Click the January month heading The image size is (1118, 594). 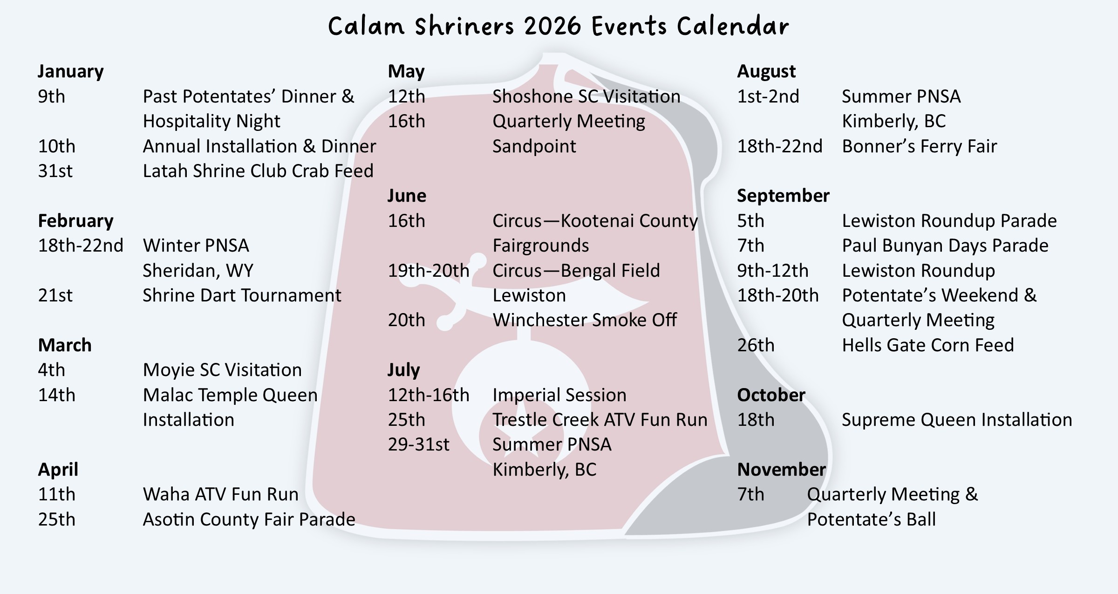click(70, 71)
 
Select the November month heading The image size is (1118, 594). click(781, 469)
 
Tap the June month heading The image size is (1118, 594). click(407, 196)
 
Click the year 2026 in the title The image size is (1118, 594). click(553, 26)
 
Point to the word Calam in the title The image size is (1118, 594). click(366, 26)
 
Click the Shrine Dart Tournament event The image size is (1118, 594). click(242, 295)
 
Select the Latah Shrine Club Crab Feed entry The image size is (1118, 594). click(258, 171)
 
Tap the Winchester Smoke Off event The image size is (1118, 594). click(585, 320)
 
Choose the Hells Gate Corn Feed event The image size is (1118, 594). click(927, 345)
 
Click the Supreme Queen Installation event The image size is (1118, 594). click(957, 420)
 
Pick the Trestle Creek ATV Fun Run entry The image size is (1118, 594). click(600, 420)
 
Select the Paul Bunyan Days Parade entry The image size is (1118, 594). click(945, 246)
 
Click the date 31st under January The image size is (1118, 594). click(55, 171)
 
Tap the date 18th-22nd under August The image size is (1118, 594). click(779, 146)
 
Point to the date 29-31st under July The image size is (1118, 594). click(418, 444)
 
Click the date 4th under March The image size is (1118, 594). click(51, 370)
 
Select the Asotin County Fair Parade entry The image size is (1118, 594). click(249, 519)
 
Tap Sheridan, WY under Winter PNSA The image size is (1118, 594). click(198, 271)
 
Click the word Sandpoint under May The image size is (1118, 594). click(534, 146)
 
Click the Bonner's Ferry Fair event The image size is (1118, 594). click(919, 146)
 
